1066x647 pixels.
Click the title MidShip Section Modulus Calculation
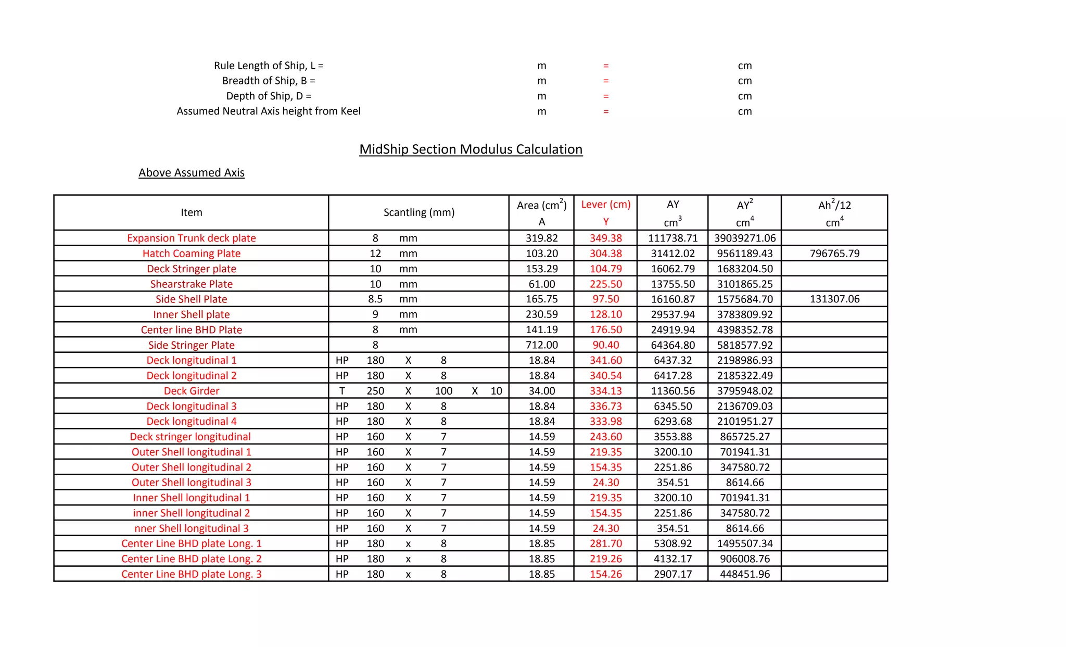[471, 149]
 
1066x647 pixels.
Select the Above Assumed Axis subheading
[191, 173]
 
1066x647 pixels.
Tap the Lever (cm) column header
[605, 205]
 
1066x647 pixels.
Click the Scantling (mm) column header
[418, 212]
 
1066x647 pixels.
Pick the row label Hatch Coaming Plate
[191, 253]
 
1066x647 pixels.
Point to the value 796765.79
[834, 253]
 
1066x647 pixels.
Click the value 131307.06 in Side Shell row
[834, 299]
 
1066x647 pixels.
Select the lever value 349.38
[605, 238]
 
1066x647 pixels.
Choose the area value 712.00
[541, 345]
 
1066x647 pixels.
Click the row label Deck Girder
[191, 391]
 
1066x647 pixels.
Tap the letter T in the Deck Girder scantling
[342, 391]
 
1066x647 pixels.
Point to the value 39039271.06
[744, 238]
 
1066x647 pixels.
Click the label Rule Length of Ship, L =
[269, 66]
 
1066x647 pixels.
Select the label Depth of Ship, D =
[269, 96]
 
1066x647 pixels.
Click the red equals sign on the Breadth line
[605, 81]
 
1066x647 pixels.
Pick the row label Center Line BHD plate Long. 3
[191, 574]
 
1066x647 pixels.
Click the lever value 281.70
[605, 543]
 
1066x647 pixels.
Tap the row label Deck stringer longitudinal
[190, 437]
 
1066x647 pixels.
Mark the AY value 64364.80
[672, 345]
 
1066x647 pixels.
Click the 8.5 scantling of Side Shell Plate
[375, 299]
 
